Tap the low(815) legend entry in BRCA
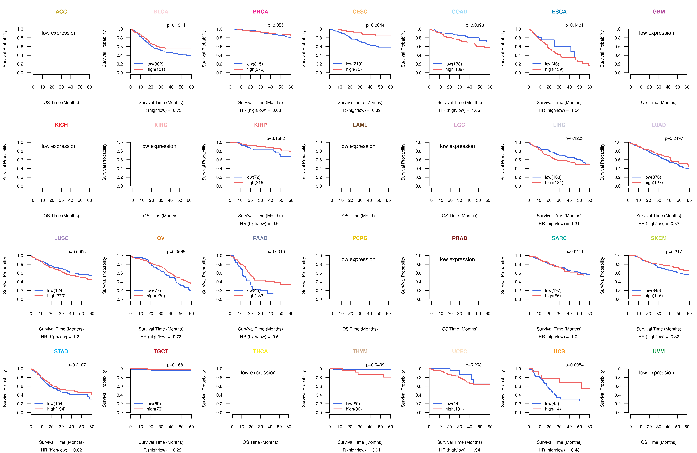254,64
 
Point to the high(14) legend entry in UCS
553,409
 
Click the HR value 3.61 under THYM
376,450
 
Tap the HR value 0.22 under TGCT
177,450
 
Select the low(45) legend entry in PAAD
253,291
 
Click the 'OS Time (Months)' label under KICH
61,216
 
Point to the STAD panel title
61,351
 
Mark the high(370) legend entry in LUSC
56,296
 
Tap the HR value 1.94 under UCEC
476,450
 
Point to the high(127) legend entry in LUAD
653,182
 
